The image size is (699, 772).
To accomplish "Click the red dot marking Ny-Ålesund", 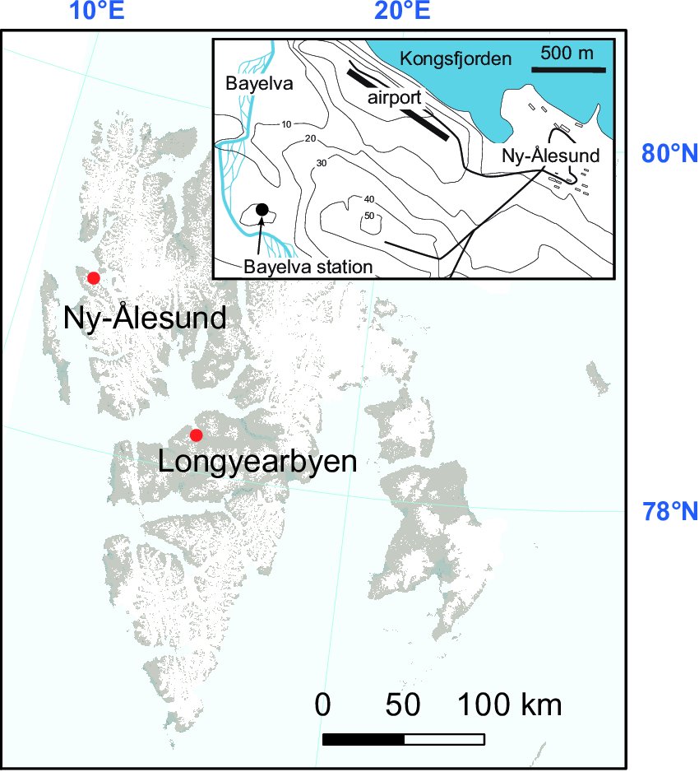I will (94, 277).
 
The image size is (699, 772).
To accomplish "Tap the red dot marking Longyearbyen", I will (196, 435).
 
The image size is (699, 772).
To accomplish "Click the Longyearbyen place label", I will (257, 461).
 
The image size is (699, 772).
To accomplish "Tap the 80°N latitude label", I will (669, 153).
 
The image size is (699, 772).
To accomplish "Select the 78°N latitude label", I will (669, 512).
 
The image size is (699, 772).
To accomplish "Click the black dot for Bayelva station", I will (262, 209).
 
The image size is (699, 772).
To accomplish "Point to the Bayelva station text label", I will (308, 267).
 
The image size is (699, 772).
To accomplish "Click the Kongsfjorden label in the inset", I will (455, 58).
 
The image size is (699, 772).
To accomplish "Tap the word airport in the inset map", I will (395, 97).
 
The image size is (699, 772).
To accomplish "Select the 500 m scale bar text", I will (567, 53).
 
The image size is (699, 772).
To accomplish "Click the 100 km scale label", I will (509, 705).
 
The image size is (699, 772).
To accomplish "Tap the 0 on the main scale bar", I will (323, 705).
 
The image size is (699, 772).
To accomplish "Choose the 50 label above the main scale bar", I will (404, 705).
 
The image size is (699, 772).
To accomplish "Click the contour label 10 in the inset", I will (286, 124).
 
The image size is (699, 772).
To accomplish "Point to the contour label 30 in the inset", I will (322, 163).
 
